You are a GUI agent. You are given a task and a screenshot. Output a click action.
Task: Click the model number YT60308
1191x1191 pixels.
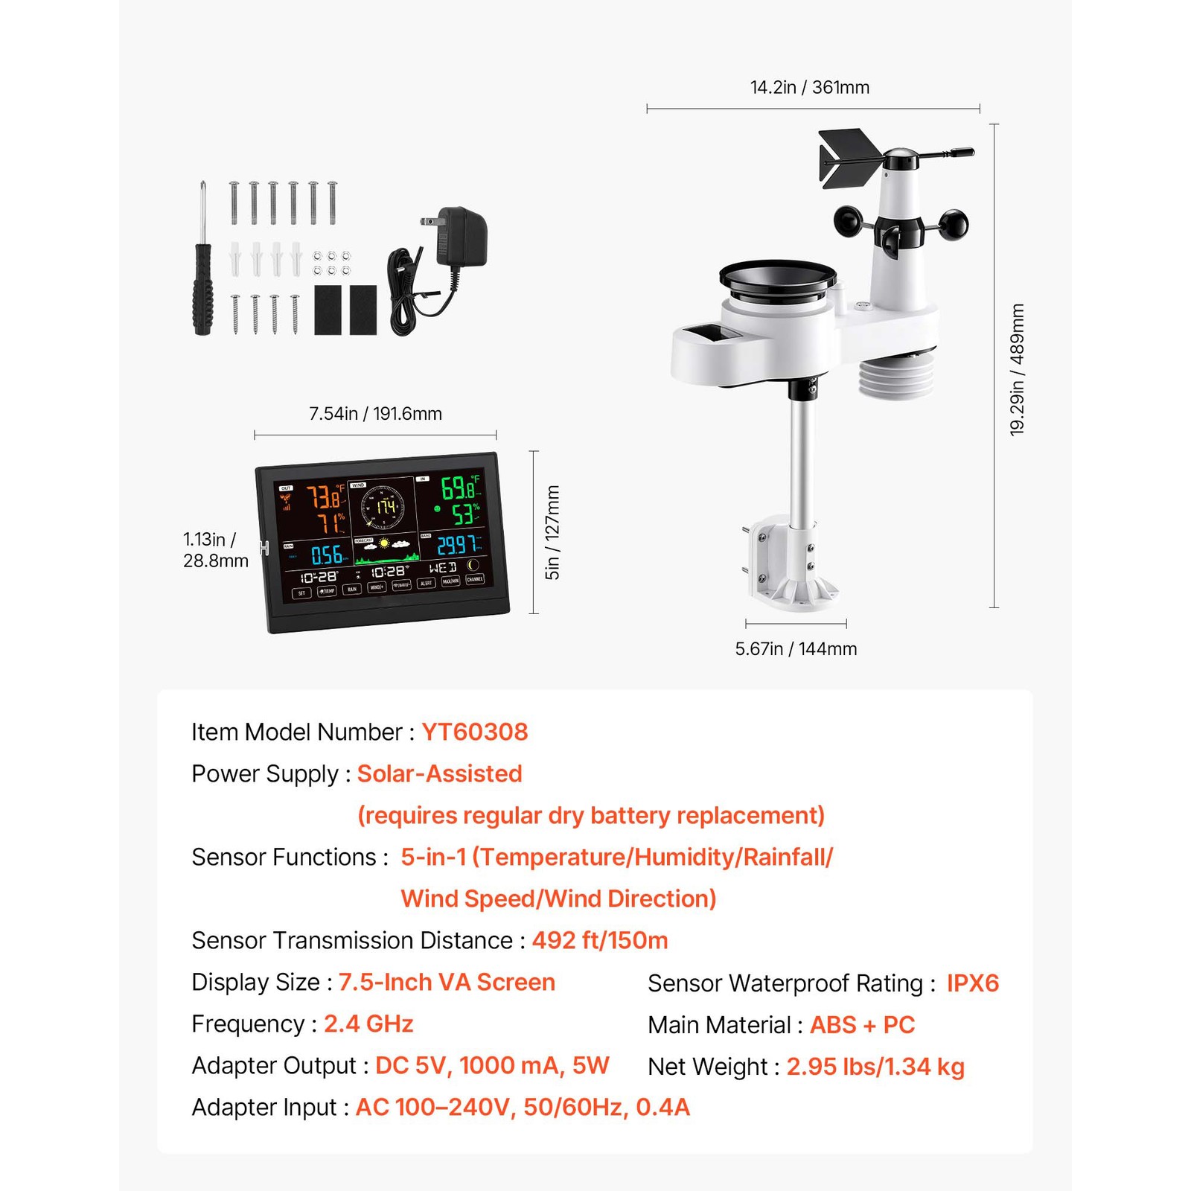pos(474,732)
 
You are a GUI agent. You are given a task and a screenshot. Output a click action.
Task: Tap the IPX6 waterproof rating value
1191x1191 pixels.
pos(972,983)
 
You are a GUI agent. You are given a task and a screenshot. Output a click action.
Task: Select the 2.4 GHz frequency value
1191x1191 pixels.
pos(368,1024)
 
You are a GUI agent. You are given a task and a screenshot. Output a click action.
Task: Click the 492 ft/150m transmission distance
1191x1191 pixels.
pos(599,941)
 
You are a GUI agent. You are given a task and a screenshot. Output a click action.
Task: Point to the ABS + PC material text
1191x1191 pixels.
pos(862,1025)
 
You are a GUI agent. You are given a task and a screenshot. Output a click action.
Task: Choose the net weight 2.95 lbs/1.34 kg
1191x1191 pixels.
pos(875,1067)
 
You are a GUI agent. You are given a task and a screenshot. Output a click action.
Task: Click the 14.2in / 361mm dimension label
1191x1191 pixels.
pos(809,88)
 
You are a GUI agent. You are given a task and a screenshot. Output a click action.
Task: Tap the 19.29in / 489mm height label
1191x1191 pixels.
pos(1017,369)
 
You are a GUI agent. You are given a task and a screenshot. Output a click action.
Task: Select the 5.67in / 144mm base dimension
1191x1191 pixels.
pos(796,649)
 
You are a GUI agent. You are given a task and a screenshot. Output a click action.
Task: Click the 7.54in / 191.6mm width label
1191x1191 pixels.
pos(375,414)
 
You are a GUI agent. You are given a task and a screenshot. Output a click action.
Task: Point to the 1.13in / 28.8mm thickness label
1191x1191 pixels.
pos(215,550)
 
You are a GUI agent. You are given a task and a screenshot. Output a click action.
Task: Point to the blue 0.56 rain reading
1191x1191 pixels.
pos(327,555)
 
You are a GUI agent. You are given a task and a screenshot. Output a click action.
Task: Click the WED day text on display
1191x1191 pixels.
pos(442,568)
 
